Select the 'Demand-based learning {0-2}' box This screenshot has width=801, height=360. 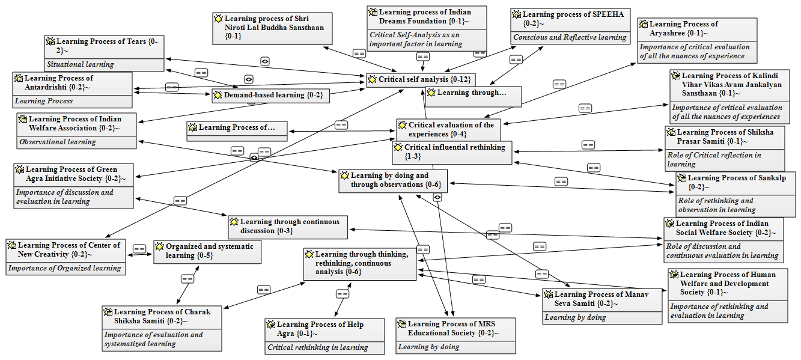[x=270, y=96]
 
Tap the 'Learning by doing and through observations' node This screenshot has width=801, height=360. [x=393, y=180]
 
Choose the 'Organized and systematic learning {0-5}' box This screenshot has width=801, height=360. [x=207, y=251]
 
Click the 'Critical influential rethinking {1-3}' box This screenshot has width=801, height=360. [x=452, y=152]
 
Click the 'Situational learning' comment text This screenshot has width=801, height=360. [x=80, y=64]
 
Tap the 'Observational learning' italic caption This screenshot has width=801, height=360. [x=57, y=142]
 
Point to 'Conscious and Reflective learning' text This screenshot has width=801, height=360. [x=570, y=37]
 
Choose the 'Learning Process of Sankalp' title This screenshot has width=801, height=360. [x=736, y=182]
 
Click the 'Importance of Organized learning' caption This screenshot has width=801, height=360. [x=64, y=268]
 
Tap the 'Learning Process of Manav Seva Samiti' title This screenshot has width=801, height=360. [x=602, y=299]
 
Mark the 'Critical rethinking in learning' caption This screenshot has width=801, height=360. [x=318, y=347]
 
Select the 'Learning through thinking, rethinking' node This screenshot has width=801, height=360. [x=359, y=263]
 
